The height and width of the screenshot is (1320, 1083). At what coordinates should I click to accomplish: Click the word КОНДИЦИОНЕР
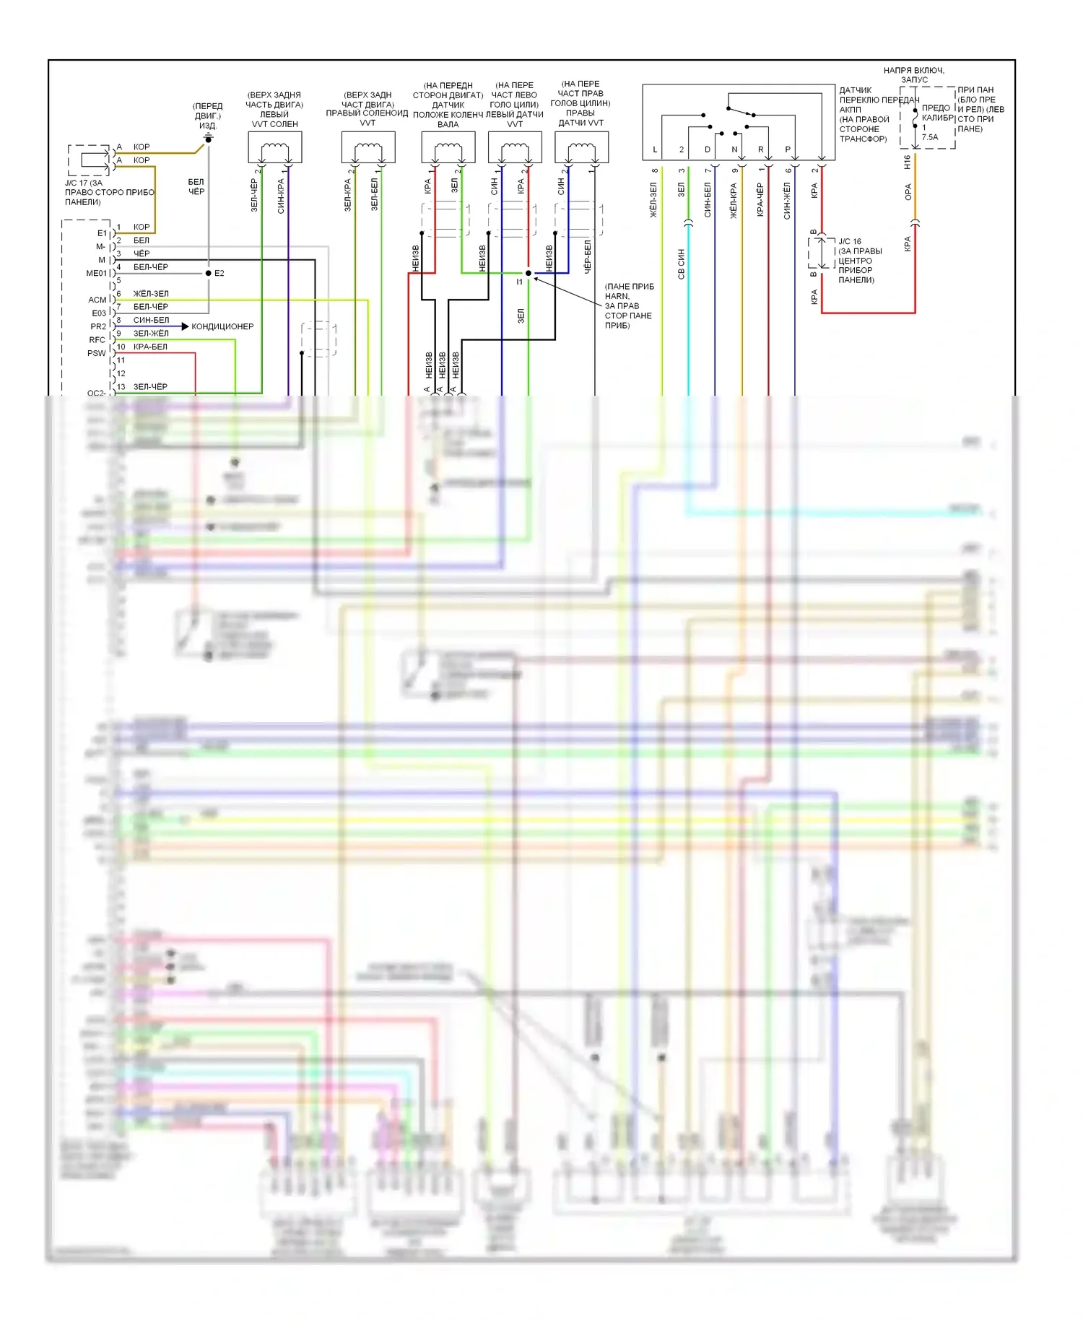[x=222, y=326]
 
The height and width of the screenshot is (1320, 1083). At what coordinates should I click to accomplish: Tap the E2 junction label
[x=219, y=273]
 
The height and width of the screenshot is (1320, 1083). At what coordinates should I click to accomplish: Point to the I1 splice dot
[x=529, y=273]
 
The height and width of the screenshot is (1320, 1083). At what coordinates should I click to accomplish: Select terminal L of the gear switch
[x=655, y=149]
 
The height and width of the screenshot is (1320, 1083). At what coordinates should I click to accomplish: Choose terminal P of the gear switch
[x=788, y=149]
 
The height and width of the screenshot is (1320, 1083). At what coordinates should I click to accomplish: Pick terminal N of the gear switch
[x=734, y=149]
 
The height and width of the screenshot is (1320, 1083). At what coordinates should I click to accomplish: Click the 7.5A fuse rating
[x=930, y=137]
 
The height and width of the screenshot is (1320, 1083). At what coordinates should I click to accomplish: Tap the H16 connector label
[x=908, y=162]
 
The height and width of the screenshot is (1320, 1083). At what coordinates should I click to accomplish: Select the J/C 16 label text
[x=850, y=241]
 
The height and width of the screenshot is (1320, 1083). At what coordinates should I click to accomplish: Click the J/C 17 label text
[x=84, y=183]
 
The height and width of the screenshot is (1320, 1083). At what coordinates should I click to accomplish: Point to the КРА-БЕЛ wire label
[x=150, y=347]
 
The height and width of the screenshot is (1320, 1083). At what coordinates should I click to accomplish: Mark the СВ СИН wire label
[x=681, y=264]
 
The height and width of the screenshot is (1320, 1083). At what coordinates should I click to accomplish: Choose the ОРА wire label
[x=908, y=192]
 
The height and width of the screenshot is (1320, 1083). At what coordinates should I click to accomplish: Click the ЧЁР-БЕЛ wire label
[x=587, y=256]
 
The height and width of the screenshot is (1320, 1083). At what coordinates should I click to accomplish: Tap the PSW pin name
[x=97, y=353]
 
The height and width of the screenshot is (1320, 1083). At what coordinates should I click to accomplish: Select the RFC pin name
[x=97, y=340]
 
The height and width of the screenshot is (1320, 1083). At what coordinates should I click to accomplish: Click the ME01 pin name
[x=96, y=274]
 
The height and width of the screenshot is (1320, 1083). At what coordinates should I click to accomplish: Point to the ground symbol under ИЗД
[x=208, y=137]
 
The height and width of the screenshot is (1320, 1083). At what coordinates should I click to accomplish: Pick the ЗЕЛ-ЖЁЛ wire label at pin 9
[x=151, y=334]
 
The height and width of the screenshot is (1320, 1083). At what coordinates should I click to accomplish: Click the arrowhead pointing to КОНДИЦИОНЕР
[x=185, y=326]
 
